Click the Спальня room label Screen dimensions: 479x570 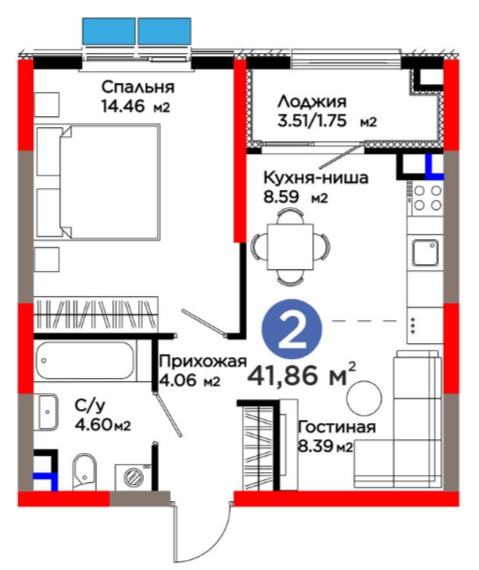point(138,87)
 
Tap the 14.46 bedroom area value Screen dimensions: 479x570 point(123,107)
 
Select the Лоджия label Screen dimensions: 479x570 point(312,102)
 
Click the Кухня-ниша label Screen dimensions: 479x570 point(315,178)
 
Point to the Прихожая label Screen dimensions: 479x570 point(203,361)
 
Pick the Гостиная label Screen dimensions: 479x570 point(337,427)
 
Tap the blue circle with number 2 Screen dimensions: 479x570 point(293,328)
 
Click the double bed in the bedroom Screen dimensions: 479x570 point(98,182)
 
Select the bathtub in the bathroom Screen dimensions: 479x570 point(86,360)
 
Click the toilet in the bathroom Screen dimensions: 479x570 point(84,471)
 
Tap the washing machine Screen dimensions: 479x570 point(133,477)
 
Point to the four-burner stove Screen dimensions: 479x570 point(428,198)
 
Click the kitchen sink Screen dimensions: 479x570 point(425,253)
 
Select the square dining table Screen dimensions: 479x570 point(290,247)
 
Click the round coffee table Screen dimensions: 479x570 point(364,398)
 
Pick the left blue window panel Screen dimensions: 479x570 point(109,32)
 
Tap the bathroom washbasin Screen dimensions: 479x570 point(47,412)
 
